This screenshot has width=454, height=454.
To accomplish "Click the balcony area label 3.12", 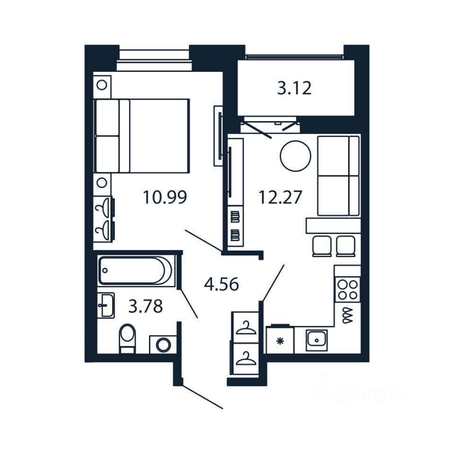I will [294, 88].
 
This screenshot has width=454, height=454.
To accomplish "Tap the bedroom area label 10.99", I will [165, 197].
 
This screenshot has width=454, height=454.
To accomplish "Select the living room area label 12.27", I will [280, 197].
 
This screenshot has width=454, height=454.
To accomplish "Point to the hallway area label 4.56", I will [221, 284].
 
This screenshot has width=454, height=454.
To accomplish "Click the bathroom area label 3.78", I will [146, 306].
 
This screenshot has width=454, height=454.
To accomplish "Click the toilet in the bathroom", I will [127, 338].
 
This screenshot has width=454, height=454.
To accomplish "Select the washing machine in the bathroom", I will [163, 344].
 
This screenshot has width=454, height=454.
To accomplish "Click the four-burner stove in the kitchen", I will [347, 289].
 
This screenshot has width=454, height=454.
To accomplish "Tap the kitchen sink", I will [316, 340].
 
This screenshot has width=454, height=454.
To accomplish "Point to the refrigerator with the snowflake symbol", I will [280, 340].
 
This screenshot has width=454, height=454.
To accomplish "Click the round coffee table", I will [296, 156].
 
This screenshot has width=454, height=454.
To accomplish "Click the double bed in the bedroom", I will [142, 136].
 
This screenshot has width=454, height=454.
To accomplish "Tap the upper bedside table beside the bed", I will [102, 86].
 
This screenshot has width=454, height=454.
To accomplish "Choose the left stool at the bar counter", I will [322, 245].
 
